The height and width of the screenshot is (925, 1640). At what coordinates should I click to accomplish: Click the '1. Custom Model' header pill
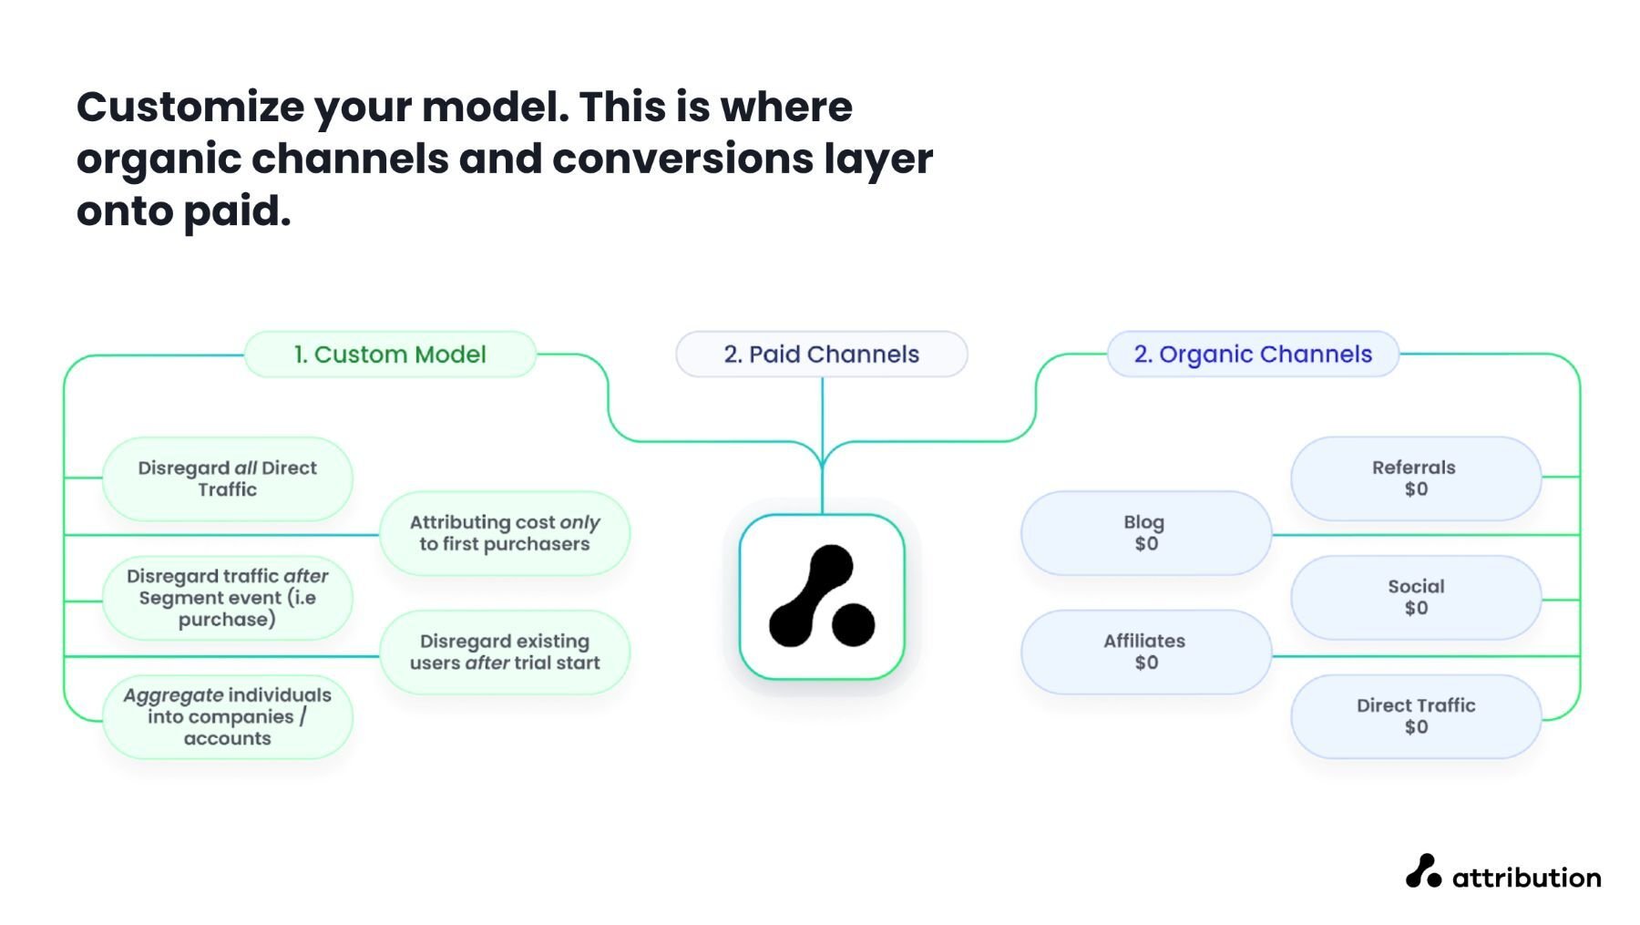(390, 355)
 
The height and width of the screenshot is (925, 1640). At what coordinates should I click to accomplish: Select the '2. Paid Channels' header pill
(821, 355)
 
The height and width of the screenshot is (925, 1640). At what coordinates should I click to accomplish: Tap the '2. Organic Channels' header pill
(1252, 355)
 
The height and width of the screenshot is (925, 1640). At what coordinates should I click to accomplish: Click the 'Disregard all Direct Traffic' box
(227, 478)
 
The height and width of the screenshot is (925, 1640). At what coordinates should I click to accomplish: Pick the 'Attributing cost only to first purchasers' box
(504, 533)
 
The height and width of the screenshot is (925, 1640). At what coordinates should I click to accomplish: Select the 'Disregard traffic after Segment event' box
(227, 598)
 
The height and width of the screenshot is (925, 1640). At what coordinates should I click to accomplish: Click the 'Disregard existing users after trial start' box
(504, 652)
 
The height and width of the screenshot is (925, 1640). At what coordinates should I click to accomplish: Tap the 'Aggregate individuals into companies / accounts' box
(227, 716)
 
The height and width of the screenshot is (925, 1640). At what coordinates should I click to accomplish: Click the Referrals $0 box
(1415, 478)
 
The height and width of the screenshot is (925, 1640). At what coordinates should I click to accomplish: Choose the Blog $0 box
(1145, 533)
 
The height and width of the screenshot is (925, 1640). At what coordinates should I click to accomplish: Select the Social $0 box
(1415, 598)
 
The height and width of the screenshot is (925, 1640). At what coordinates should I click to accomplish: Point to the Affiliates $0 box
(1145, 652)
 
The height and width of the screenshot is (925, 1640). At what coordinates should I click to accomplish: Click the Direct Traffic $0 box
(1415, 716)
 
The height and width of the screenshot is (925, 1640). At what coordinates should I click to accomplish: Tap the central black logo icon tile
(822, 597)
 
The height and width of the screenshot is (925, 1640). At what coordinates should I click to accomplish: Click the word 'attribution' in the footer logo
(1526, 878)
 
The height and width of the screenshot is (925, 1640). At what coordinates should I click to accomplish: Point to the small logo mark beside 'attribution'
(1422, 871)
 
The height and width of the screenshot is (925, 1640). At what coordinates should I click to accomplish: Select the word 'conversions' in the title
(682, 159)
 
